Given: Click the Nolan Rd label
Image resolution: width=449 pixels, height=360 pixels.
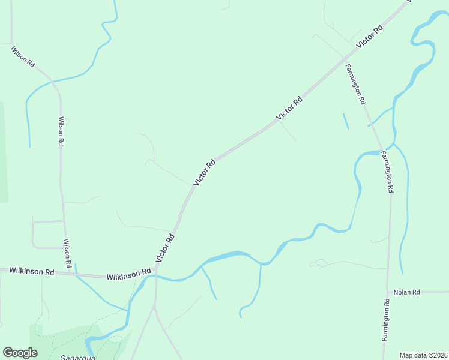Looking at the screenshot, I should coord(406,292).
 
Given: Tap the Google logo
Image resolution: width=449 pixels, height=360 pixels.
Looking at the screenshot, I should coord(20,353).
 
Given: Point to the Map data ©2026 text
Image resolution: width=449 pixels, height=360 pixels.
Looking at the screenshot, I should coord(423,355).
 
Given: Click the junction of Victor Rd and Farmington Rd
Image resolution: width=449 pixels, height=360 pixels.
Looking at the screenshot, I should coord(345,59).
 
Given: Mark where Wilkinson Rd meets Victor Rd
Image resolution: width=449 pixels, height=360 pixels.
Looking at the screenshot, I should coord(156,269).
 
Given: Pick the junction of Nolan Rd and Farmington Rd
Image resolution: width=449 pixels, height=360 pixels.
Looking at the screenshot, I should coord(387,293).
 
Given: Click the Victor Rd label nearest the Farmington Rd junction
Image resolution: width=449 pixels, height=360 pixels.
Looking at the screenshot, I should coord(370,37).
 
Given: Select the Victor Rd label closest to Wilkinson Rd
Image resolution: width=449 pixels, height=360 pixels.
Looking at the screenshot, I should coord(165,247).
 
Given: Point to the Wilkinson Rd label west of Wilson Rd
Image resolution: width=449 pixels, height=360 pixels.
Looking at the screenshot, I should coord(32,271).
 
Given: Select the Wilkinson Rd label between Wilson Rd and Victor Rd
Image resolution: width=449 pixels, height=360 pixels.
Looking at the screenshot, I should coord(128,275).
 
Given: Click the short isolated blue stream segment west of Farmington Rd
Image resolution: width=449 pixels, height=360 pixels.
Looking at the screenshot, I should coord(345,121).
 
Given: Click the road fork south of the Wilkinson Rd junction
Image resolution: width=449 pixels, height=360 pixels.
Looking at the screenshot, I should coord(155,306).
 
